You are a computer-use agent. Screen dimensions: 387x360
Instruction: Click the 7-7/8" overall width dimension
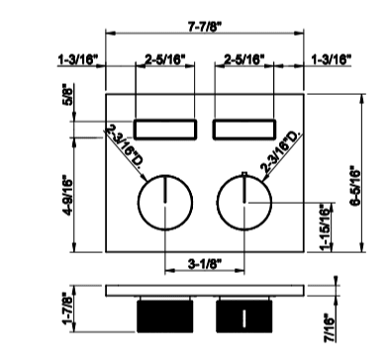coord(204,27)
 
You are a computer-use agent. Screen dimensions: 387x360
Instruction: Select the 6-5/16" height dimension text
coord(355,188)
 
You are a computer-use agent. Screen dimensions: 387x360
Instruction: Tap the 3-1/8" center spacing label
coord(205,264)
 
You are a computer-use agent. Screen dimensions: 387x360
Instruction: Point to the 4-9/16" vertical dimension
coord(66,196)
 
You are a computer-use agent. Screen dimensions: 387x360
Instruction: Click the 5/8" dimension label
coord(67,96)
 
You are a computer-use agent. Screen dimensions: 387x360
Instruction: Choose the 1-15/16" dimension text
coord(325,227)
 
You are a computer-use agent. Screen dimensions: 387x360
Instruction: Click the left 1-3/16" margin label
coord(78,60)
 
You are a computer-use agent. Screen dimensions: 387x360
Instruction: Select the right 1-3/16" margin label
coord(332,59)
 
